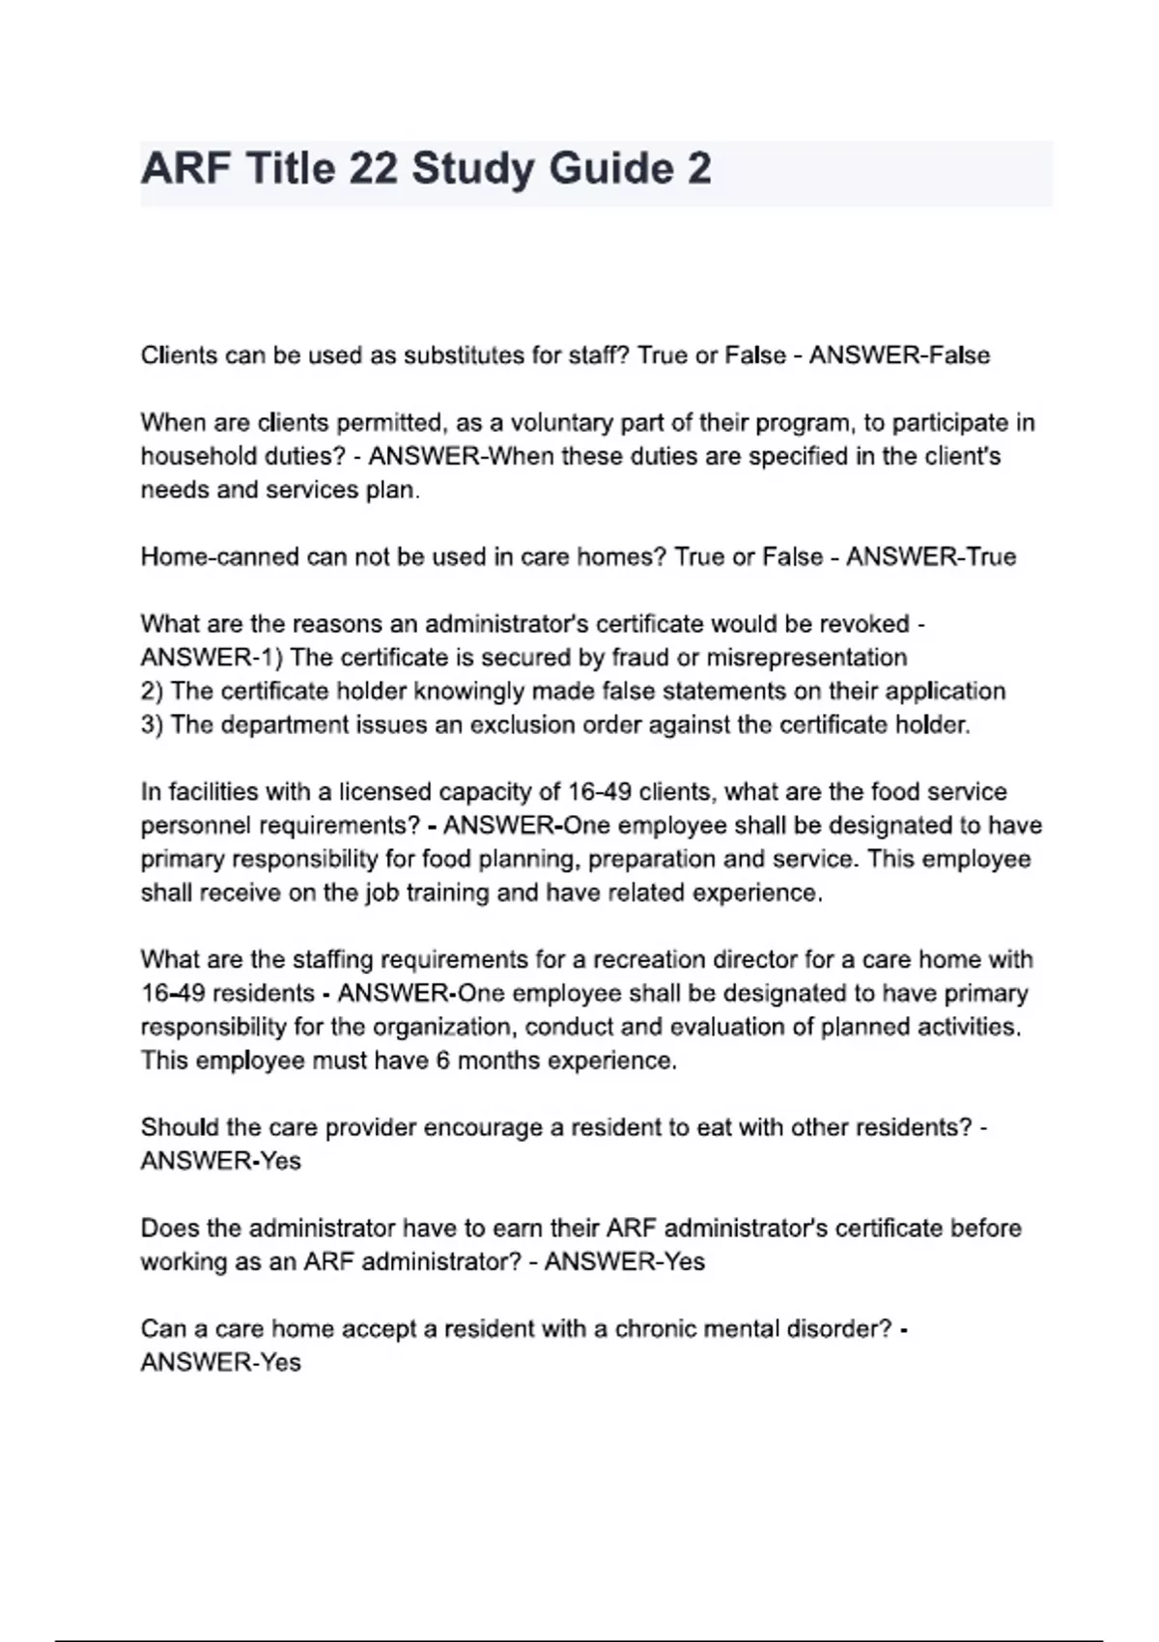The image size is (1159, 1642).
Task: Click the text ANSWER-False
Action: tap(899, 355)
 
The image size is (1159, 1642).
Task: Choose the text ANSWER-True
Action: tap(931, 557)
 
